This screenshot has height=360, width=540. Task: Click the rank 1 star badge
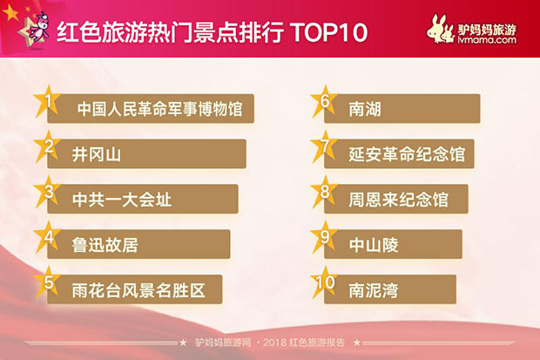point(48,102)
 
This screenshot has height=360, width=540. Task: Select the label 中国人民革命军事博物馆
point(159,109)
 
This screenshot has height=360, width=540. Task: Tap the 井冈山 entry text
point(97,154)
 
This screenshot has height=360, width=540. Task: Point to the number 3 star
point(48,192)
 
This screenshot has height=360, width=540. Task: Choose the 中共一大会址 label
point(122,200)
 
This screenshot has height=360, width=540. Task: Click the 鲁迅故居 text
point(105,245)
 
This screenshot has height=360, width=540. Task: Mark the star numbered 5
point(48,282)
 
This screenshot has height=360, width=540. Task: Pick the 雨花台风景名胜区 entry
point(138,290)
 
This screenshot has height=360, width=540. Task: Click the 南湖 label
point(365,109)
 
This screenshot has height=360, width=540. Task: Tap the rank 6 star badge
point(324,102)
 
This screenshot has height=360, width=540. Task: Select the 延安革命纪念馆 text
point(407,154)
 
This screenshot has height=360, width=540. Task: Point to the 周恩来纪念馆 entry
point(398,200)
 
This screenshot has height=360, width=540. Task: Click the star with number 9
point(324,238)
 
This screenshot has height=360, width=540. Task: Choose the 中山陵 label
point(374,245)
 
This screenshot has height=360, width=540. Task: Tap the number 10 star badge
point(324,282)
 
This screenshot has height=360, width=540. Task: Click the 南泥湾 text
point(374,290)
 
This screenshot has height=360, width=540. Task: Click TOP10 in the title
point(329,33)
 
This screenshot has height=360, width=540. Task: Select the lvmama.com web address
point(487,40)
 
